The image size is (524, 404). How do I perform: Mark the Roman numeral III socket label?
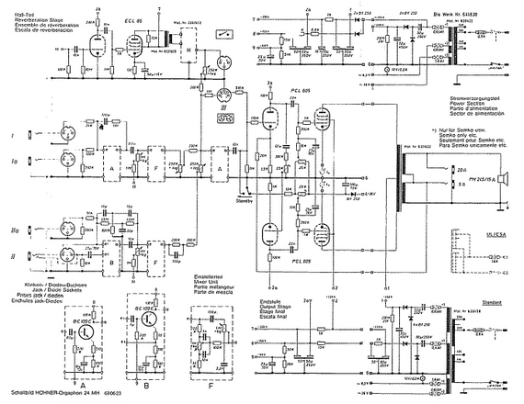click(224, 107)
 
